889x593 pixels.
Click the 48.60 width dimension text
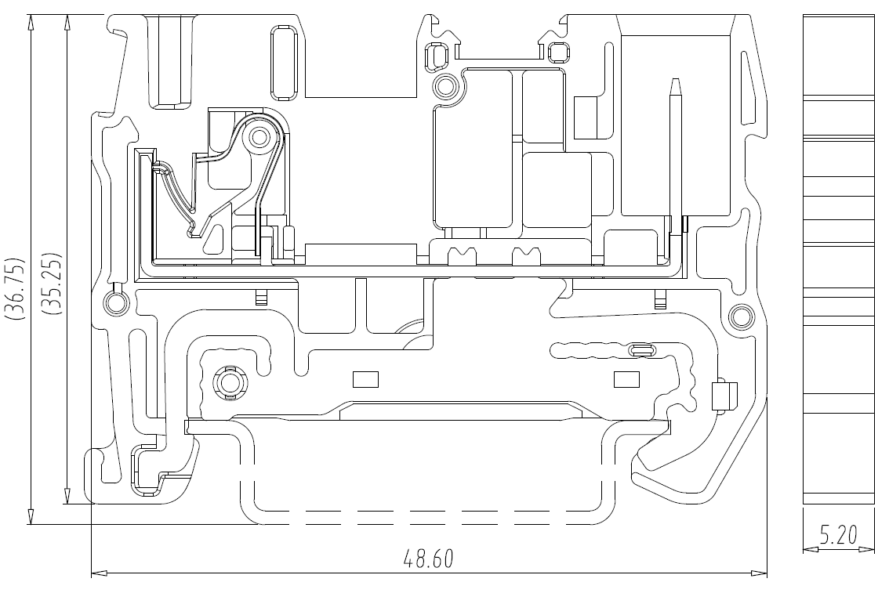[428, 559]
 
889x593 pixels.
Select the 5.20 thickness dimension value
[839, 535]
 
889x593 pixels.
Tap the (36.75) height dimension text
[16, 288]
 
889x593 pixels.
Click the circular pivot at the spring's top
[259, 137]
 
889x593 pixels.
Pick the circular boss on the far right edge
[739, 316]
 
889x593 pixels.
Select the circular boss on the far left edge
[116, 302]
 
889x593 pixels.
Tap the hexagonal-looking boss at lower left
[229, 383]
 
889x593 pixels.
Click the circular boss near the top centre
[444, 87]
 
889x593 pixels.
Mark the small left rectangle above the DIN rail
[365, 379]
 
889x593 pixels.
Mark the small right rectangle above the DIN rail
[627, 379]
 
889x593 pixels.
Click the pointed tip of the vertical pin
[675, 79]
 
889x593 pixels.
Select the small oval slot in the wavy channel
[641, 349]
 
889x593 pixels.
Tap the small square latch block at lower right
[724, 396]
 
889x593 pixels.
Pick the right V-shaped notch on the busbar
[526, 256]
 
